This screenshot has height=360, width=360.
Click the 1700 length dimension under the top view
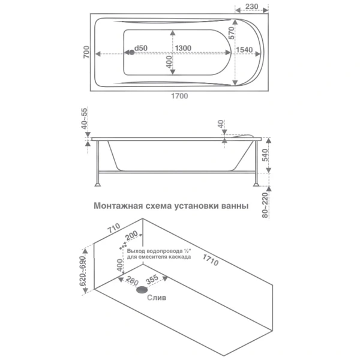[179, 96]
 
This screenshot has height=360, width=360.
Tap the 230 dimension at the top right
[251, 7]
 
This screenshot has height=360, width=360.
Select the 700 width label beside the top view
[86, 52]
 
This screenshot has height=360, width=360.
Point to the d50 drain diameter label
[141, 48]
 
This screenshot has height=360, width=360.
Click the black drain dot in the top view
[132, 52]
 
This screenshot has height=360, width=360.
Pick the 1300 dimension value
[183, 48]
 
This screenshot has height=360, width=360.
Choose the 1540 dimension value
[244, 50]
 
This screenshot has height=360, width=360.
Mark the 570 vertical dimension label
[232, 33]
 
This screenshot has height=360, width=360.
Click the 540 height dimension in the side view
[265, 155]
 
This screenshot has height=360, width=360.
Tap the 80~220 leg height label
[265, 205]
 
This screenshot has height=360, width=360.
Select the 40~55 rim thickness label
[85, 119]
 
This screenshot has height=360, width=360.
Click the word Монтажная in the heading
[118, 206]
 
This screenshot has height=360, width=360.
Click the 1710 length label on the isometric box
[211, 260]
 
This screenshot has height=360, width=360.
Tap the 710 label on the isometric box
[114, 228]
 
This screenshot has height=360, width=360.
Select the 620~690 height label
[82, 271]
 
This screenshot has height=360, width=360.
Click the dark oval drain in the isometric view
[142, 290]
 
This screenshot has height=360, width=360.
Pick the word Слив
[157, 298]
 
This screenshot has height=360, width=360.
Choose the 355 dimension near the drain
[152, 280]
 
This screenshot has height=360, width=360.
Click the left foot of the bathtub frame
[98, 184]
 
